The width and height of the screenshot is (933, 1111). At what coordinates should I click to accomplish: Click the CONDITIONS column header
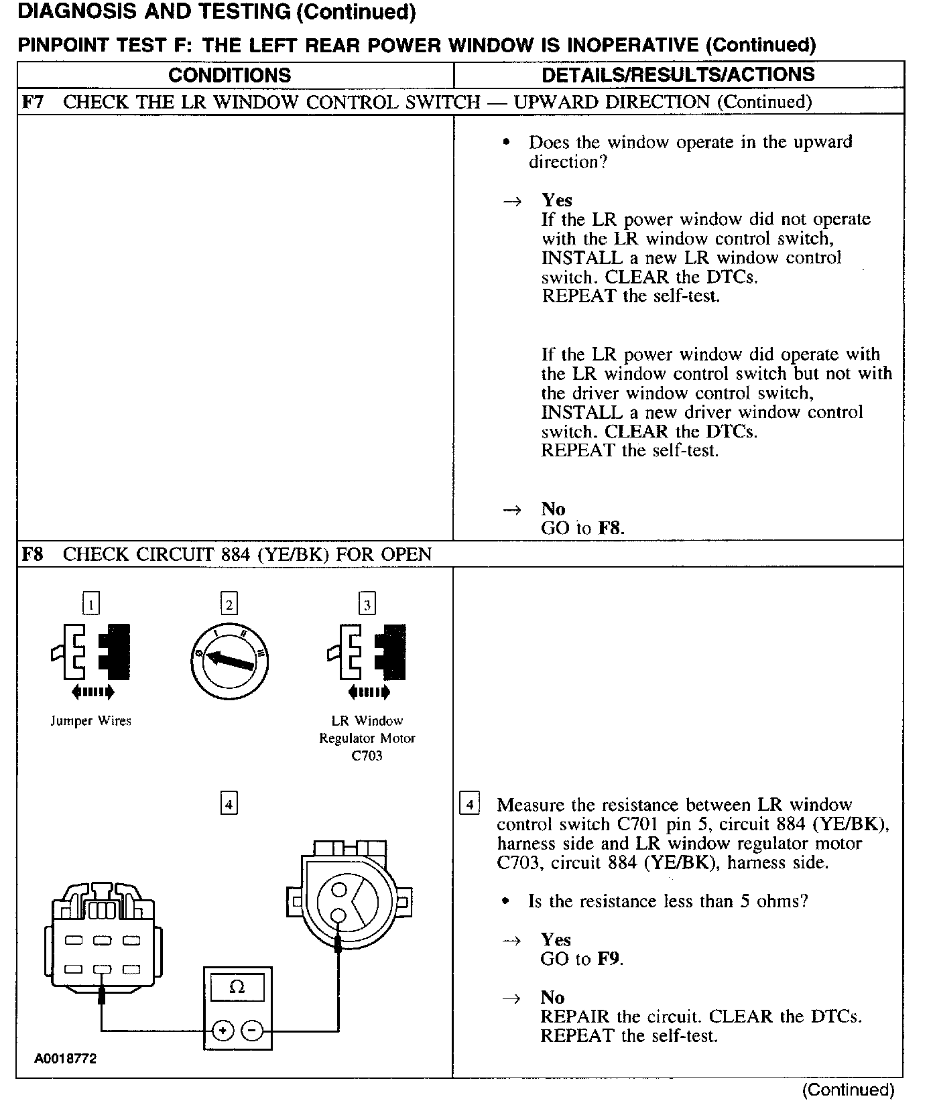(229, 74)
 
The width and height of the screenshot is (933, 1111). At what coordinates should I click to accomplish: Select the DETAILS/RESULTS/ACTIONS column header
(678, 74)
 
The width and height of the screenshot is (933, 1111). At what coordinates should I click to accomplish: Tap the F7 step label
(33, 102)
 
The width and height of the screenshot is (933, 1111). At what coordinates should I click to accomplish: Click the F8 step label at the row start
(33, 554)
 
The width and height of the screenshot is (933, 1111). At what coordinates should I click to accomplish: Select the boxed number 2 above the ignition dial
(229, 604)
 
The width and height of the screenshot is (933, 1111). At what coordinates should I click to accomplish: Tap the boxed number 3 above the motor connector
(367, 604)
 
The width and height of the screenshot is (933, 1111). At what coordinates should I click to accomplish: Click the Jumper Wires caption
(90, 721)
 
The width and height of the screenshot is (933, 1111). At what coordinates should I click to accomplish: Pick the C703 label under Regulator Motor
(367, 756)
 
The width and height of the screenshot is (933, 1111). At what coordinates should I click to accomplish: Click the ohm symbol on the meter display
(237, 987)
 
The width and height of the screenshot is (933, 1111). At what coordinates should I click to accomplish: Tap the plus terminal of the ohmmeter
(222, 1031)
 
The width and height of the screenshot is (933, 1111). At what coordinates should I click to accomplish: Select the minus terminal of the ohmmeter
(252, 1031)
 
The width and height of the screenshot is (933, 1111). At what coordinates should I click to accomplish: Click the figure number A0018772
(66, 1059)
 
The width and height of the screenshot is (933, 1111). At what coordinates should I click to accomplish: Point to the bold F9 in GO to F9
(609, 959)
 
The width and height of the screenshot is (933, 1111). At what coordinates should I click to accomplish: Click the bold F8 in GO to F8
(610, 528)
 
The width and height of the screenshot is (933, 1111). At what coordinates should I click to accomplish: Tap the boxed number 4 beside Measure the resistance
(469, 803)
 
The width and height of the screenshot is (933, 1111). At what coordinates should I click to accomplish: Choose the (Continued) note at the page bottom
(848, 1090)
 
